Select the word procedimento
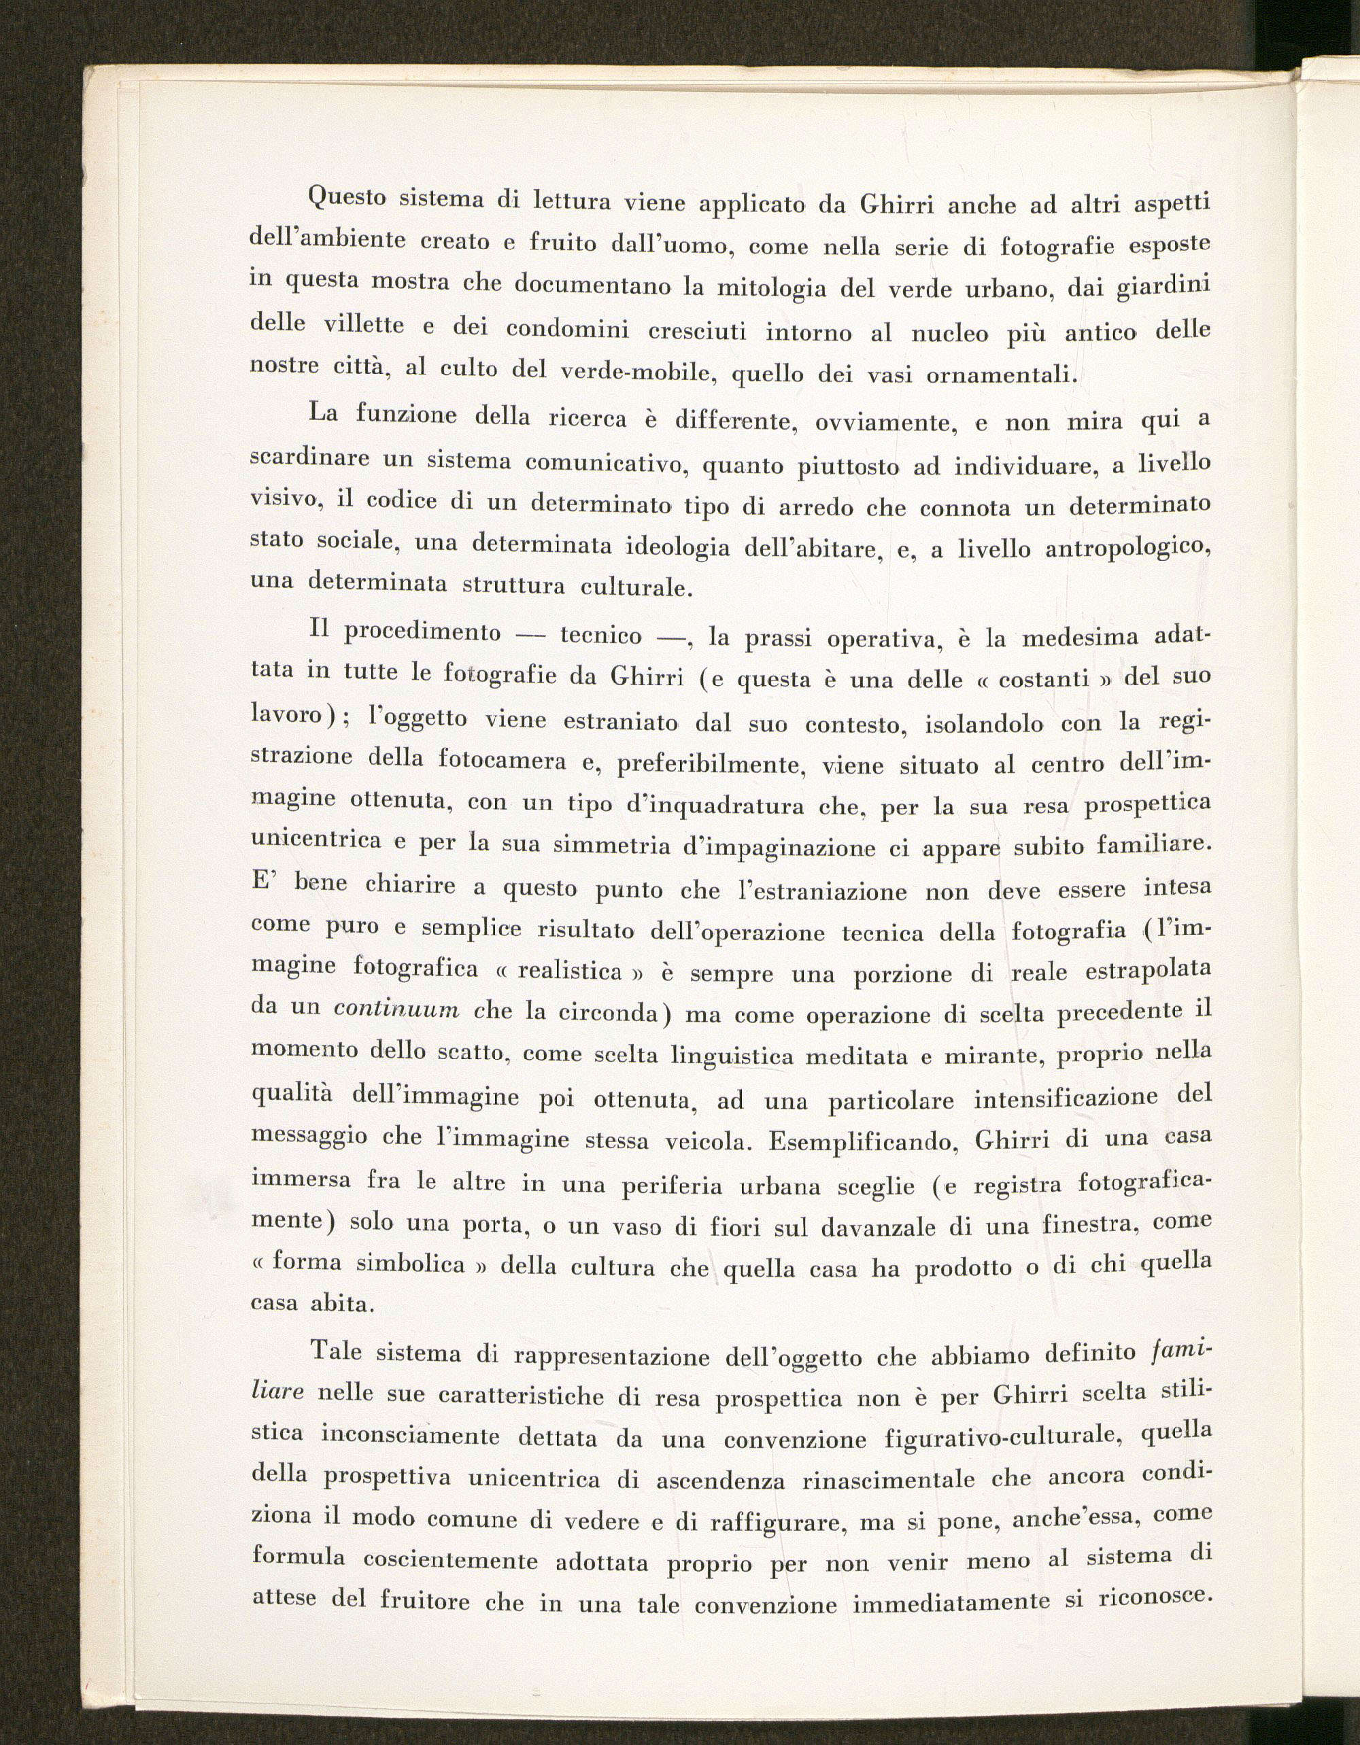coord(422,632)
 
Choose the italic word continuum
coord(396,1008)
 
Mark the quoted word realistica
coord(569,971)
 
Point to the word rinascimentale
coord(895,1477)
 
